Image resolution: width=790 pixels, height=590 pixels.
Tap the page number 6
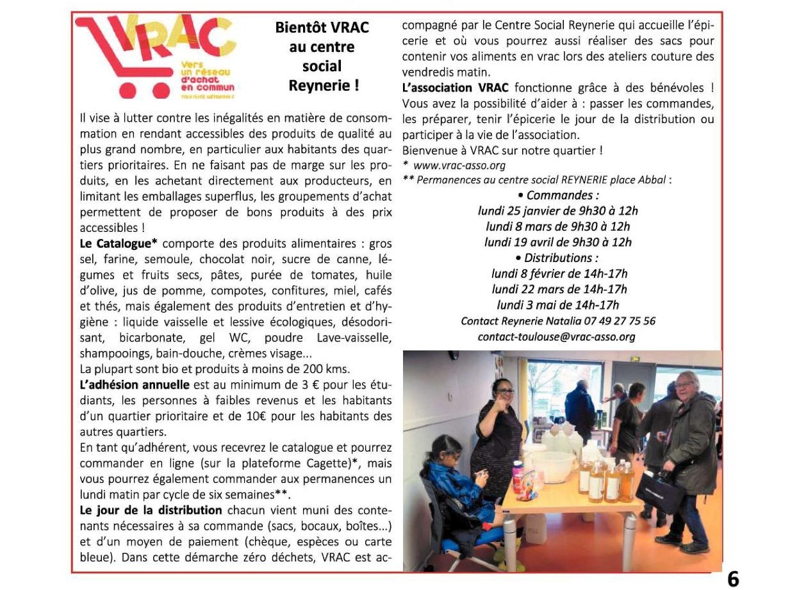733,578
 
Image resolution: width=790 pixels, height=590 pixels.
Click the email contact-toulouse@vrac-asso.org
556,337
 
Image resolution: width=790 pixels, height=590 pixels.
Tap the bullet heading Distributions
557,258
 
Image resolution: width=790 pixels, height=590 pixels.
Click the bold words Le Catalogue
119,243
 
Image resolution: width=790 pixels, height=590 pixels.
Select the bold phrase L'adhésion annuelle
135,385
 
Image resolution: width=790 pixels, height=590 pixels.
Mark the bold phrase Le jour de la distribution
151,511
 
